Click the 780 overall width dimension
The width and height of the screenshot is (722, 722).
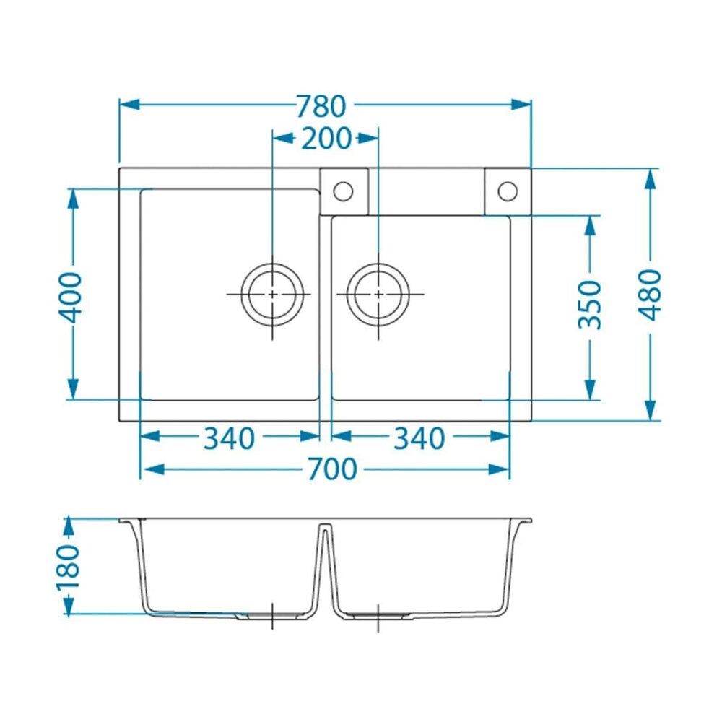coord(321,106)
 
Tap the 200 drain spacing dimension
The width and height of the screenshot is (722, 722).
coord(326,138)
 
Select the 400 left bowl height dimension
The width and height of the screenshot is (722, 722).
coord(71,297)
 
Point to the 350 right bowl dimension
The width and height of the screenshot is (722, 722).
coord(589,305)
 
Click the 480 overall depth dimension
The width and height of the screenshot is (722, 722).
coord(650,295)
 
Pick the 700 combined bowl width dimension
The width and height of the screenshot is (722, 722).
coord(332,469)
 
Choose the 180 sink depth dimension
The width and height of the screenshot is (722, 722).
coord(68,567)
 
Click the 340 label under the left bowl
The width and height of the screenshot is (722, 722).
coord(229,438)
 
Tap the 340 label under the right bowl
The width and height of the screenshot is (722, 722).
coord(419,438)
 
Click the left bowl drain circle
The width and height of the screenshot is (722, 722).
coord(272,264)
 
